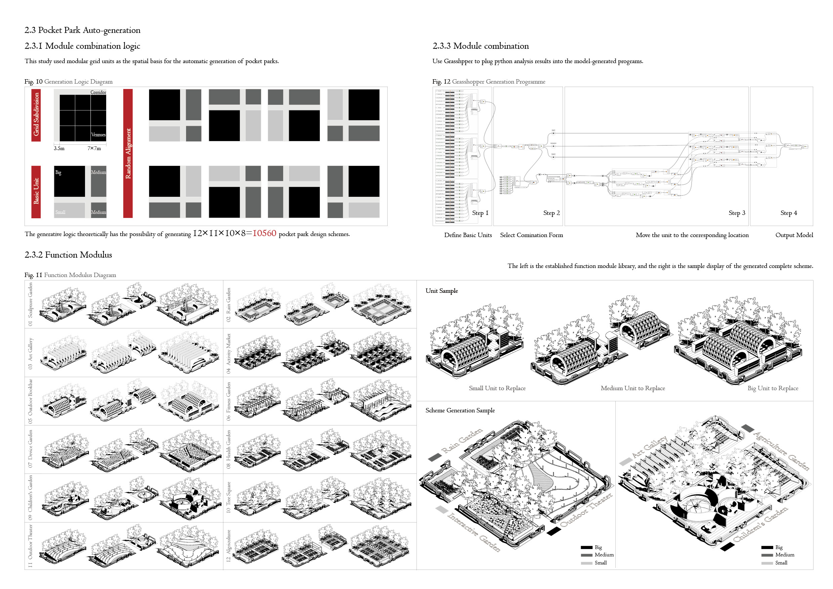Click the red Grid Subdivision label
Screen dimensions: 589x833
click(36, 115)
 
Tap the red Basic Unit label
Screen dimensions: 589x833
click(36, 191)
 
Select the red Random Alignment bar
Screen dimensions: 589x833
click(128, 153)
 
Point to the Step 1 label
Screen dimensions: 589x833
click(480, 213)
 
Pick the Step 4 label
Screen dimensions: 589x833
click(788, 213)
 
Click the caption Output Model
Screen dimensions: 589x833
click(794, 235)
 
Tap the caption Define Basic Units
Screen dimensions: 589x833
click(468, 235)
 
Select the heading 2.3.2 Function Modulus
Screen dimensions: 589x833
click(68, 255)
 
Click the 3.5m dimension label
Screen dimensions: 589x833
click(59, 148)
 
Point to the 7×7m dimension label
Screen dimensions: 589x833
click(94, 148)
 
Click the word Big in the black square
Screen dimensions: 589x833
click(58, 172)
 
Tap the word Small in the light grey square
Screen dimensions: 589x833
click(60, 212)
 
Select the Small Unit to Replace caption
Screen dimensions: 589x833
click(497, 388)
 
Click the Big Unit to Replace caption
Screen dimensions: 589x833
click(773, 388)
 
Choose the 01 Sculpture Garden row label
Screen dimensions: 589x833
click(30, 304)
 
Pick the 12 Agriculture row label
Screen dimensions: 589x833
click(228, 545)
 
